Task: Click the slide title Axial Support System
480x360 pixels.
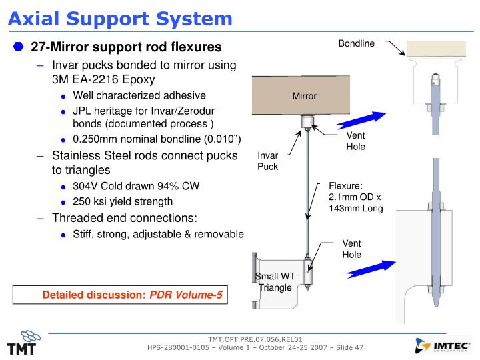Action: (121, 18)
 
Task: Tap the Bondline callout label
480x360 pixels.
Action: (357, 44)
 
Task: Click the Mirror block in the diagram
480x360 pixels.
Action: (304, 96)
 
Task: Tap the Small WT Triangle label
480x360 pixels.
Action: (275, 282)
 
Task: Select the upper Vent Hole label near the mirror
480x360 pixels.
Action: (355, 141)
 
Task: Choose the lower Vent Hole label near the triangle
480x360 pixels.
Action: (351, 249)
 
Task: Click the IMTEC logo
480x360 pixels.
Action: (442, 345)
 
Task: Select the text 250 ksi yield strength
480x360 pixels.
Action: (123, 201)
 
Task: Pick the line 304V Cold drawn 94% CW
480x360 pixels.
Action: (136, 186)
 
